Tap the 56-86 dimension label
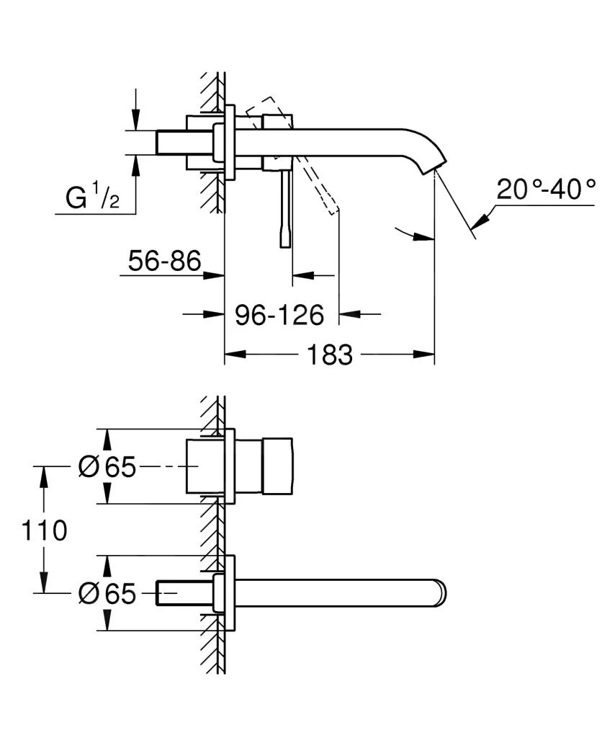[163, 261]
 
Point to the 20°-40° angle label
[547, 190]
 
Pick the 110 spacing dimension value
[45, 530]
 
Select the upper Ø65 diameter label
[107, 468]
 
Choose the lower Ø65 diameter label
[107, 594]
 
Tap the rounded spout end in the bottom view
[439, 594]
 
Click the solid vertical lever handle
[286, 209]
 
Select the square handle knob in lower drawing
[277, 467]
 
